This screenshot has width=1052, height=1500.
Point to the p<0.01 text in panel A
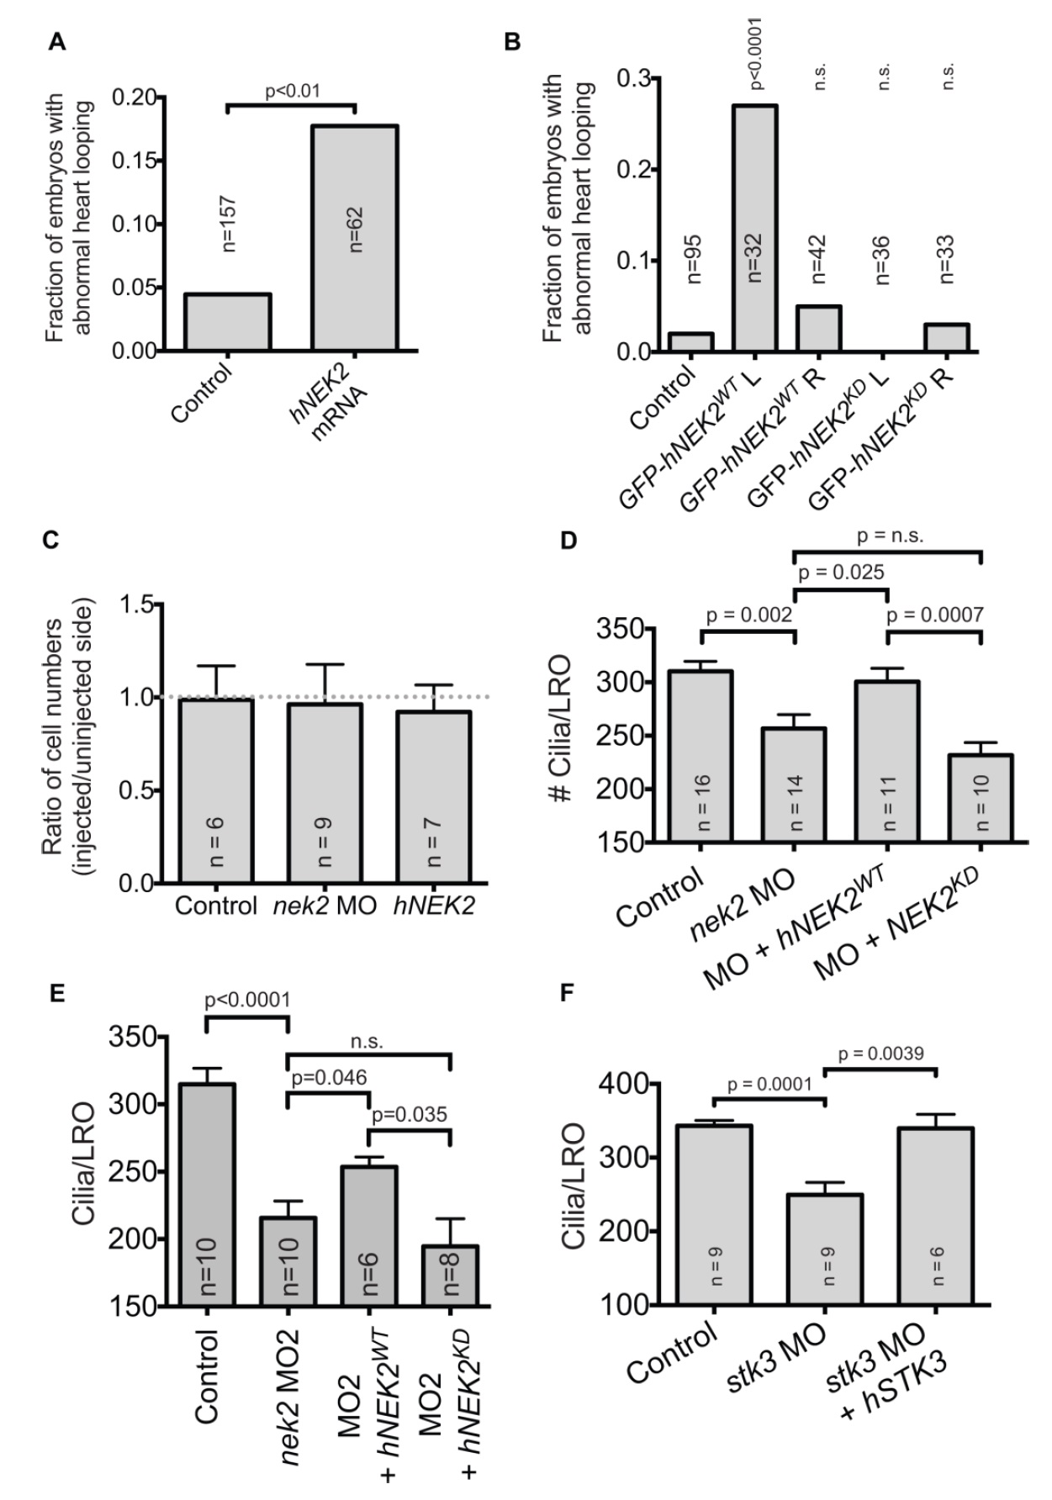click(x=292, y=91)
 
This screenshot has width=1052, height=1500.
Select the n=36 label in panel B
click(x=883, y=261)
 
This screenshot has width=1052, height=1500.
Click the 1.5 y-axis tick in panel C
click(x=139, y=605)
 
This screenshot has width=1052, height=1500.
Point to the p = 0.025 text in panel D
click(x=840, y=573)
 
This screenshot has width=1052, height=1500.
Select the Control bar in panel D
click(x=700, y=756)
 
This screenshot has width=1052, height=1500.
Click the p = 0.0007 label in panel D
click(x=935, y=615)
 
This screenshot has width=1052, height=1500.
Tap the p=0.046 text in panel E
click(x=328, y=1078)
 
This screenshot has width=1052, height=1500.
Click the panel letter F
click(x=568, y=994)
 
